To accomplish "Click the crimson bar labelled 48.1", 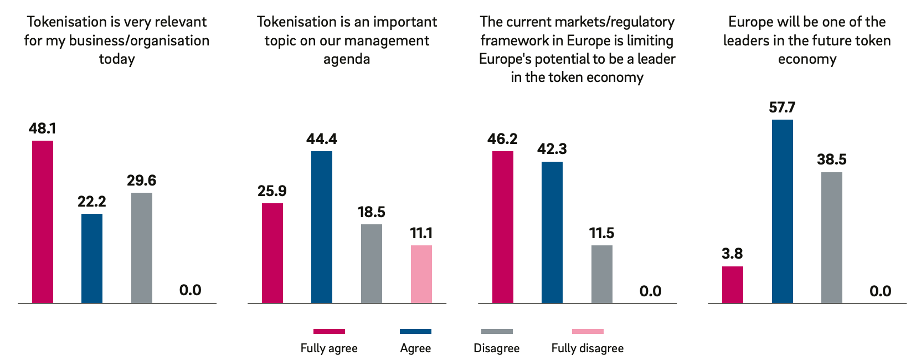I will [43, 222].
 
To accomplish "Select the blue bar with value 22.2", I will [92, 258].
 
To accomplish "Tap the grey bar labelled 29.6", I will [142, 248].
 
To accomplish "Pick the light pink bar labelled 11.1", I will [421, 274].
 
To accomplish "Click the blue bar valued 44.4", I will [322, 227].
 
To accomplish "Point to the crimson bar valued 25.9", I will [272, 253].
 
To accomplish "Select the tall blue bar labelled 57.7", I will [782, 211].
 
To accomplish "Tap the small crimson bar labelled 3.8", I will [733, 285].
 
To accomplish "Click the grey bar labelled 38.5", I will [831, 238].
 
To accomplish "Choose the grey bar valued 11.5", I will [602, 274].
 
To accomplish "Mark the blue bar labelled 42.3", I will [552, 232].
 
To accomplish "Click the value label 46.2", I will [502, 139].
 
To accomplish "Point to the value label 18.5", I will [371, 212].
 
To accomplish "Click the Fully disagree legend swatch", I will [588, 331].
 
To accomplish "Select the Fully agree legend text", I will [329, 348].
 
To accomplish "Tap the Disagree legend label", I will [497, 348].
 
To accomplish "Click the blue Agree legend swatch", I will [415, 331].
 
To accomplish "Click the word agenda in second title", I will [347, 59].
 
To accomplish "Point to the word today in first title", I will [117, 59].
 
